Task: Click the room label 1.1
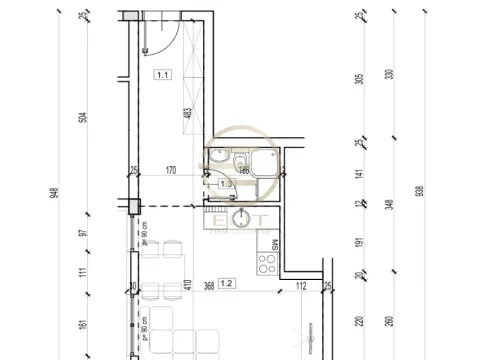tap(162, 74)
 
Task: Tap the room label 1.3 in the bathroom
tap(225, 184)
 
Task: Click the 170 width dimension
tap(170, 170)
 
